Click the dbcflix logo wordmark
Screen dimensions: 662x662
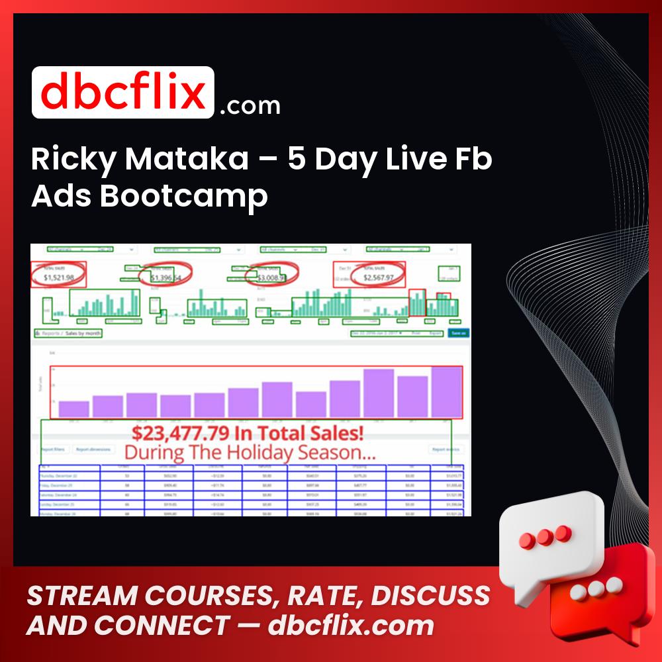(x=122, y=93)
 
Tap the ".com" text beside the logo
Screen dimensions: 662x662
(x=250, y=105)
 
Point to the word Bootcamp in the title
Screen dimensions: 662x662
(x=183, y=197)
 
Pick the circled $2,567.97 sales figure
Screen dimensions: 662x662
(x=378, y=278)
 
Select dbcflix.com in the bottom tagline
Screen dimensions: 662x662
(x=351, y=626)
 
